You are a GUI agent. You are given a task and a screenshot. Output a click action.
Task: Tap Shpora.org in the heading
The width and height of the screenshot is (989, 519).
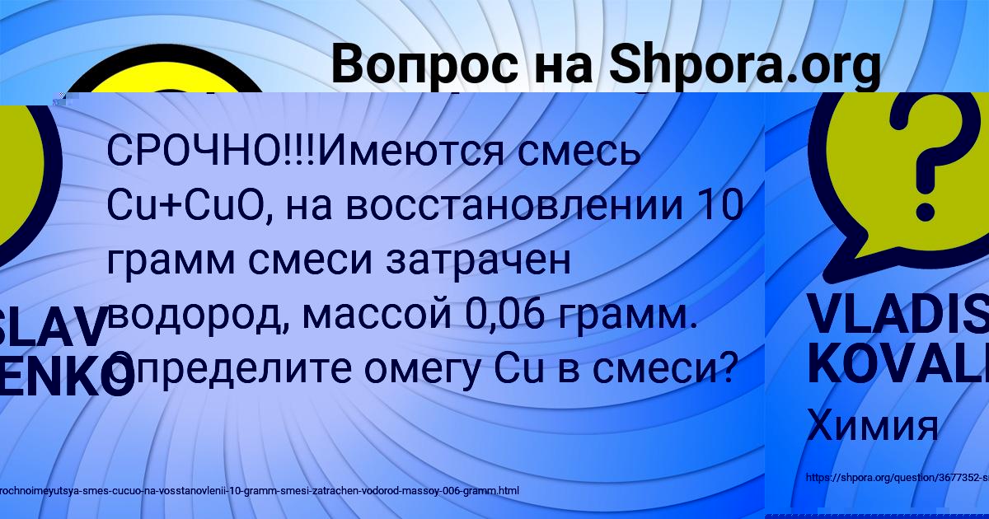(744, 66)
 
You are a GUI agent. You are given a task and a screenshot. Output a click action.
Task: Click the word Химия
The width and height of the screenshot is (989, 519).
(873, 426)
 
